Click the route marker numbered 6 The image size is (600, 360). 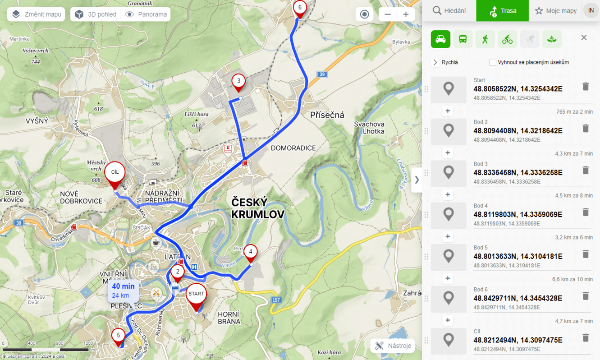[300, 8]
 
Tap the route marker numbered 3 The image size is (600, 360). [238, 82]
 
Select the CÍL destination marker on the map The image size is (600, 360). [115, 173]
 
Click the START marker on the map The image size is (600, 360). [196, 295]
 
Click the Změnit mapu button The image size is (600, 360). [36, 14]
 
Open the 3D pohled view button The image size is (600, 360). [96, 14]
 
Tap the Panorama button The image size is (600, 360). [147, 14]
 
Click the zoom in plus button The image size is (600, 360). [406, 14]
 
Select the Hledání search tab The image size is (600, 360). [449, 11]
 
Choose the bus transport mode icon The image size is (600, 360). [463, 39]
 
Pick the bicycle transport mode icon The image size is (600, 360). [507, 39]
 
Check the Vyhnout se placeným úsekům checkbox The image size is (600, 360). [493, 62]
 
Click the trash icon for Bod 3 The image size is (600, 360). [586, 170]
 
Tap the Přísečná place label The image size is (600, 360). [327, 115]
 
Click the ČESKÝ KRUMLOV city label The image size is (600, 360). [257, 208]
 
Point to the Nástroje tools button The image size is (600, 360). [393, 346]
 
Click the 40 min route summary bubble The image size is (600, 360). [123, 291]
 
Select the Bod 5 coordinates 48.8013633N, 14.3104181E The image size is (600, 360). [518, 256]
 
